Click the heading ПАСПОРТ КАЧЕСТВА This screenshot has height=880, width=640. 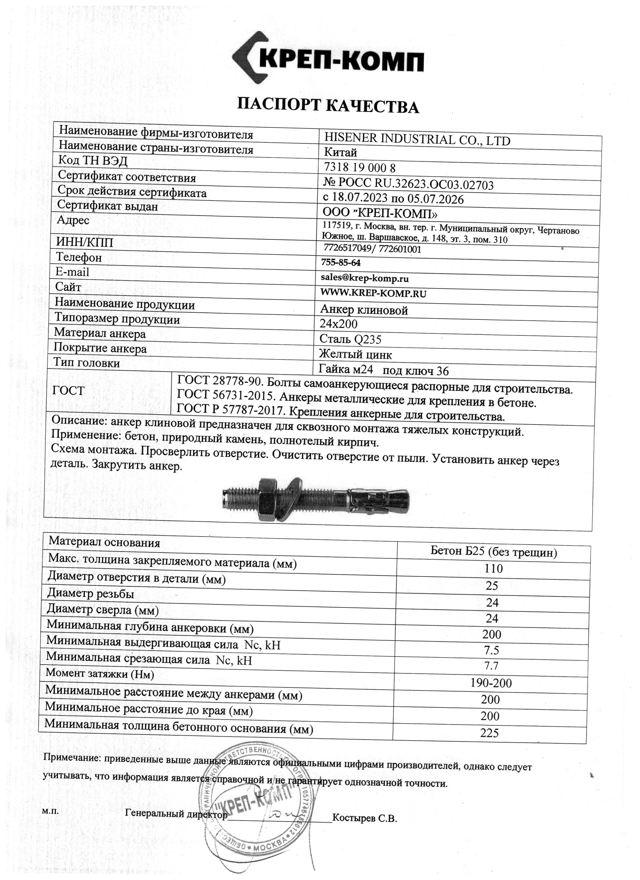click(x=328, y=106)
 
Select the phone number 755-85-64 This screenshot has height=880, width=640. click(x=341, y=263)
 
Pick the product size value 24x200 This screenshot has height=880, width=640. click(x=339, y=324)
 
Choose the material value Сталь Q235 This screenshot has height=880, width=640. click(x=350, y=339)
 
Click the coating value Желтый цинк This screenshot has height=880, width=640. click(x=355, y=354)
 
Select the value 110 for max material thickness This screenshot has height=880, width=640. click(x=493, y=569)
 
